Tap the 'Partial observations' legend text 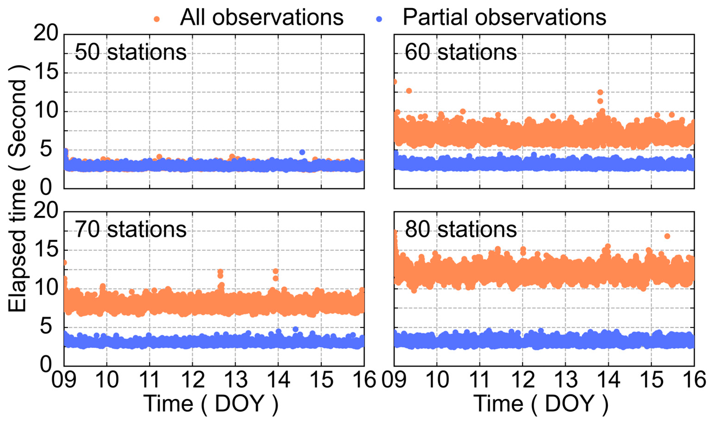[504, 18]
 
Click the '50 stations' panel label [131, 52]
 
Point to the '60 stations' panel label [460, 52]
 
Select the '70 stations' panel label [131, 230]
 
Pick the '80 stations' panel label [460, 230]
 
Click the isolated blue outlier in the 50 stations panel [302, 152]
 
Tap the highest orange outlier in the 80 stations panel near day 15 [667, 236]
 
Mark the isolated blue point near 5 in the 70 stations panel [296, 329]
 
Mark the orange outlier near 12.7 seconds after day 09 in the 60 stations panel [409, 91]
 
